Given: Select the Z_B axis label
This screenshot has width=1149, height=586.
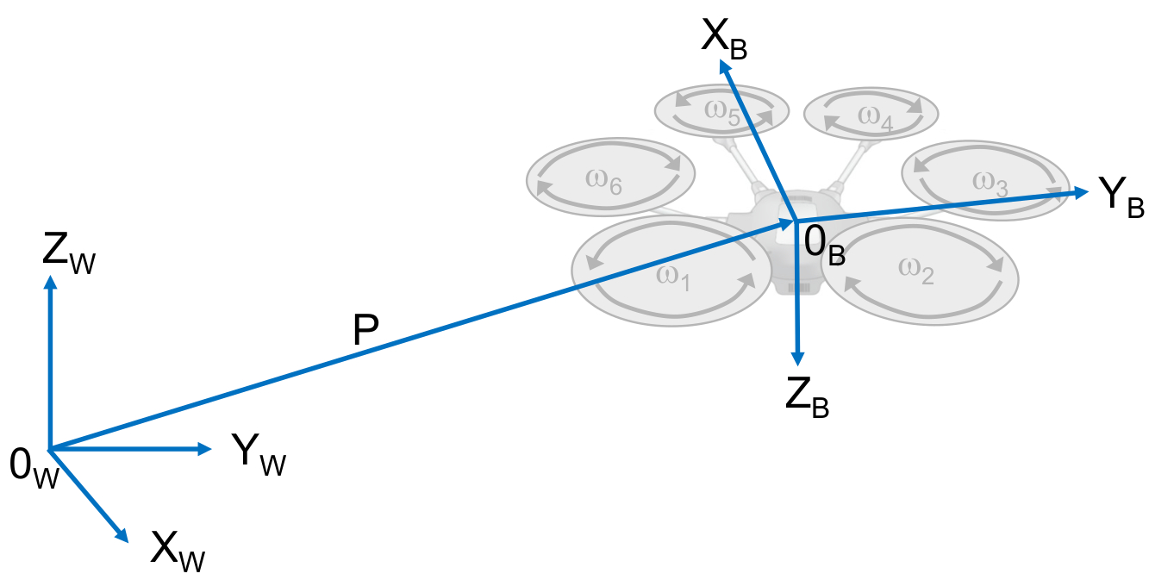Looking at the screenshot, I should pyautogui.click(x=807, y=397).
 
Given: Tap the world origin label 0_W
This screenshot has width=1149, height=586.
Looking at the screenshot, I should pyautogui.click(x=34, y=468).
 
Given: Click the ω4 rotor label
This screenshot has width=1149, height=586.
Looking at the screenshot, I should pyautogui.click(x=875, y=117).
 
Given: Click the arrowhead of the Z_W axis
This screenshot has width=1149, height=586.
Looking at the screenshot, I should pyautogui.click(x=51, y=283).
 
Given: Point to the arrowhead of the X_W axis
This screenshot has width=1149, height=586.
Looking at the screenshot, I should pyautogui.click(x=122, y=536).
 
